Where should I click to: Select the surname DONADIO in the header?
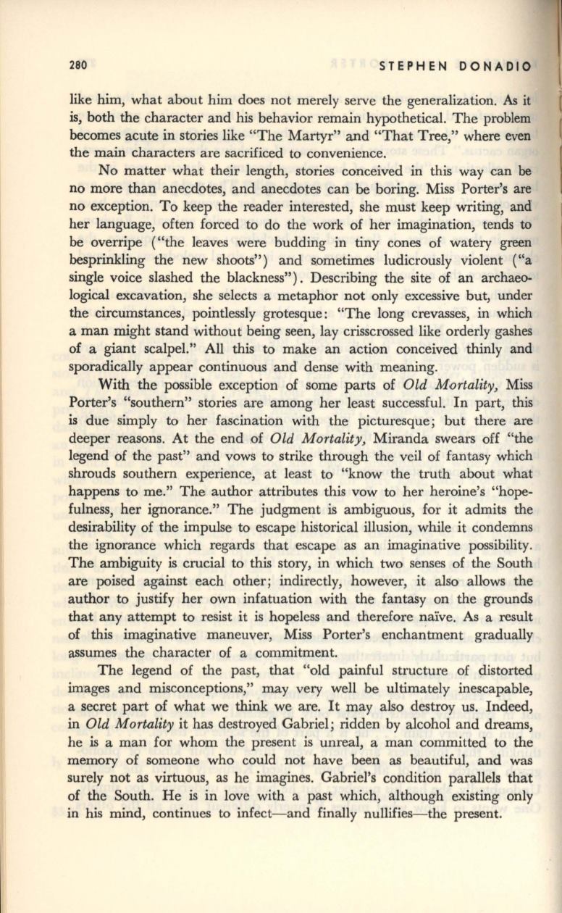(x=497, y=67)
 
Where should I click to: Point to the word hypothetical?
(x=405, y=117)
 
